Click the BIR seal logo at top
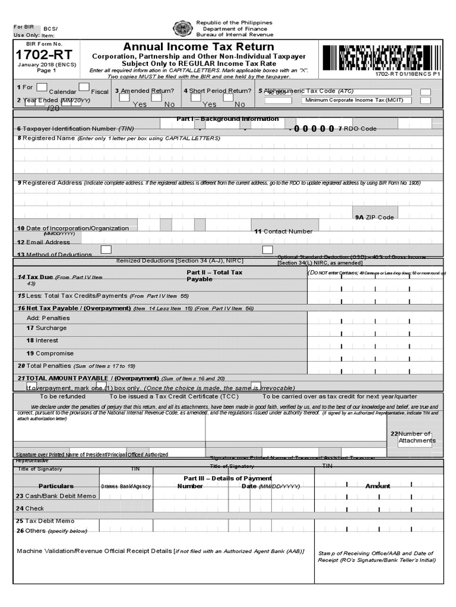(x=182, y=28)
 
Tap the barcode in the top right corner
(x=381, y=58)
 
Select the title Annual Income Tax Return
(x=198, y=47)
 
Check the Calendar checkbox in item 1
(x=42, y=88)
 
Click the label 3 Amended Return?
(x=144, y=91)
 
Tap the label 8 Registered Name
(x=42, y=138)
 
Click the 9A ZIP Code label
(x=374, y=217)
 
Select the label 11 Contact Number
(x=283, y=231)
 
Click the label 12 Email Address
(x=43, y=242)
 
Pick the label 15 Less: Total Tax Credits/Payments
(x=72, y=295)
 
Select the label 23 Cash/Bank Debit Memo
(x=56, y=496)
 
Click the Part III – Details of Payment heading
(x=227, y=478)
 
